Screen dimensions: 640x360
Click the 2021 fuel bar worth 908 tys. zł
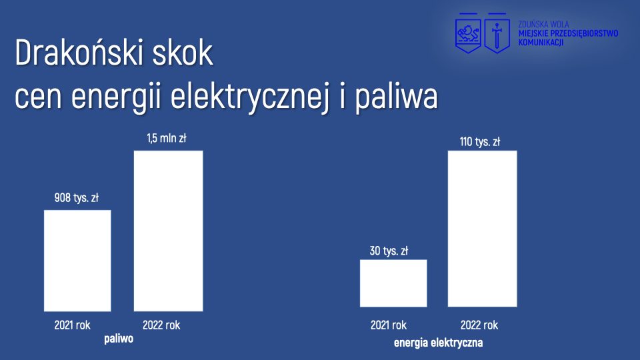click(x=77, y=261)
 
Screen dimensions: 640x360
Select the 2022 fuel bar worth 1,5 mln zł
click(x=168, y=231)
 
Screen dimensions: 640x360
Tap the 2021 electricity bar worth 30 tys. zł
click(x=393, y=283)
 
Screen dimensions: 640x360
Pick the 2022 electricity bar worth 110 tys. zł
click(x=483, y=229)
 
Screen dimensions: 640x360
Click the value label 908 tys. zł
click(x=77, y=198)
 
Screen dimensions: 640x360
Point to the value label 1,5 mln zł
click(x=167, y=139)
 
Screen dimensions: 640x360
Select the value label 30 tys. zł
click(x=389, y=251)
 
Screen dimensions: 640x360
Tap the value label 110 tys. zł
click(x=480, y=142)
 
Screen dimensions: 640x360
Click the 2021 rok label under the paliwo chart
click(x=72, y=325)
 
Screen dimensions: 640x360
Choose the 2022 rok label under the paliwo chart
click(x=161, y=325)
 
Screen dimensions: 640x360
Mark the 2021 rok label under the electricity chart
click(x=389, y=325)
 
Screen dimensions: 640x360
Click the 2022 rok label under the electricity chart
click(x=479, y=325)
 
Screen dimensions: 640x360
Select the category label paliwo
click(x=119, y=339)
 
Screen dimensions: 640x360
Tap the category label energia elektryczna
click(x=439, y=343)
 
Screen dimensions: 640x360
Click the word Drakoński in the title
click(x=79, y=53)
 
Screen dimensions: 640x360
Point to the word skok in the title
click(x=183, y=53)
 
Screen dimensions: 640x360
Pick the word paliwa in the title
click(x=396, y=97)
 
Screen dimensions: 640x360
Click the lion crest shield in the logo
click(x=468, y=33)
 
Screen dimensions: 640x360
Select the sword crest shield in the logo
click(x=497, y=33)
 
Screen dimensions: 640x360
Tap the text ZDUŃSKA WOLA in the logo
click(x=544, y=25)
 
